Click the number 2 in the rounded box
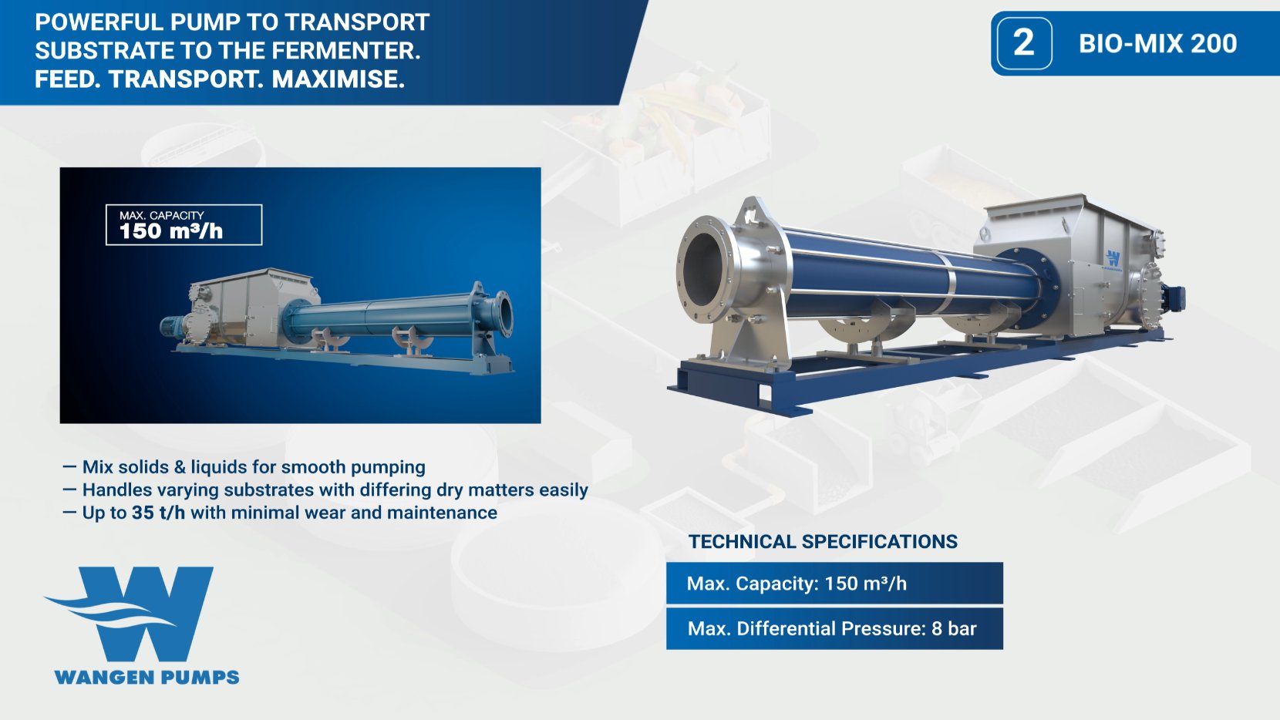[1024, 43]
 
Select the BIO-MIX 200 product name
[1157, 44]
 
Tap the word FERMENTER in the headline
[345, 51]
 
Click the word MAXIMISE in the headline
[338, 79]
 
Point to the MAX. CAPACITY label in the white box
[161, 215]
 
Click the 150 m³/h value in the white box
[170, 231]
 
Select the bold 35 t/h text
[158, 513]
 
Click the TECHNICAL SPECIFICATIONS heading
[823, 542]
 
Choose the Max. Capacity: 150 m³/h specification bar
[834, 584]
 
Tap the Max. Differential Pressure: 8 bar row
[834, 629]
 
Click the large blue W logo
[139, 613]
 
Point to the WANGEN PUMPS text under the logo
[147, 678]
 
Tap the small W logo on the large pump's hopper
[1113, 258]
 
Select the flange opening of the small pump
[504, 313]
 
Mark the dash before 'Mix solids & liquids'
[69, 467]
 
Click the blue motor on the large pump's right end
[1176, 298]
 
